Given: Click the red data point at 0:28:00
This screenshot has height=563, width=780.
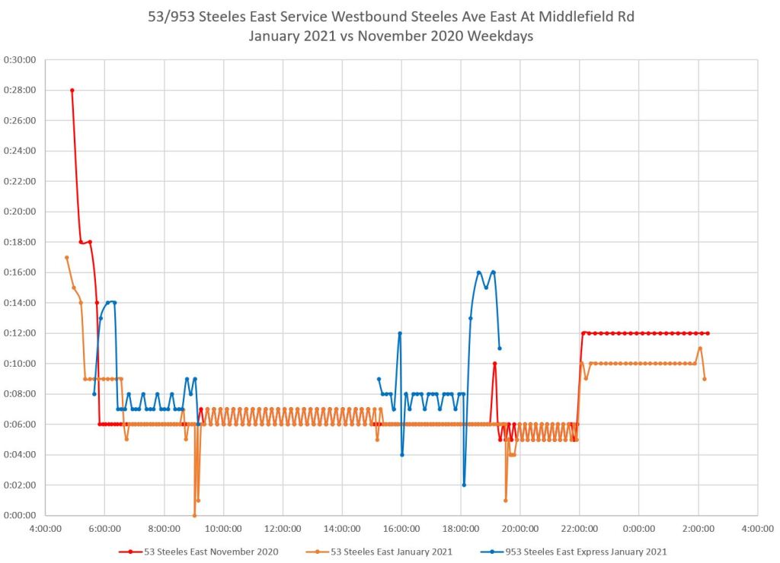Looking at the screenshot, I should [72, 90].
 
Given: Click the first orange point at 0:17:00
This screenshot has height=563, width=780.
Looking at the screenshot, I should [66, 257].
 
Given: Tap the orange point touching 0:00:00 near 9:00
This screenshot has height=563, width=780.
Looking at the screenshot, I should [194, 515].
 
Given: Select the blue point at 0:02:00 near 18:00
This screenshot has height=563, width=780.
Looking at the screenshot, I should [464, 485].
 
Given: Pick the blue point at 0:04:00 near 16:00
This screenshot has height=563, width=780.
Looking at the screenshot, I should [401, 454].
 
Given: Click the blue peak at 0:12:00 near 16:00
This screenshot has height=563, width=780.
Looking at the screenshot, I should [399, 333].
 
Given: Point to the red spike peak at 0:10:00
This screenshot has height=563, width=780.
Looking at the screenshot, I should [494, 364].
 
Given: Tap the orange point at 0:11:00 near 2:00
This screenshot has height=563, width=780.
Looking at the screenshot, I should [700, 348].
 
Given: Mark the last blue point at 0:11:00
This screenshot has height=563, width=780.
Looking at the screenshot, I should [500, 348].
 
